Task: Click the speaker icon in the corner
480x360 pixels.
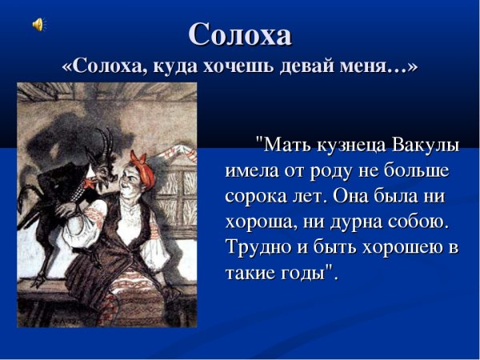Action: point(38,25)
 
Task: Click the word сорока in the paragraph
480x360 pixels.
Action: point(254,197)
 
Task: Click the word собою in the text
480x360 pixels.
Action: point(426,222)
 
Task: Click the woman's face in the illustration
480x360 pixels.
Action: point(130,170)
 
